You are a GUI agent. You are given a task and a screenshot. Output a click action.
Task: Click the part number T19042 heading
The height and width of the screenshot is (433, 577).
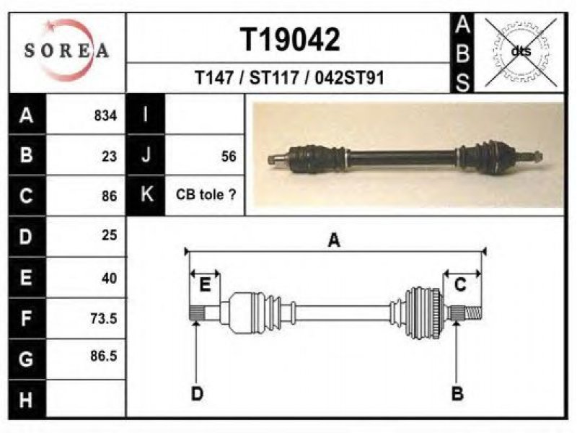pyautogui.click(x=290, y=40)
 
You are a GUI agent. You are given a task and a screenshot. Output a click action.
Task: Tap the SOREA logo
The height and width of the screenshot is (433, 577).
pyautogui.click(x=66, y=51)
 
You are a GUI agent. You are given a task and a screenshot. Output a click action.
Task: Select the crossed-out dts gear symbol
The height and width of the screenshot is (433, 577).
pyautogui.click(x=521, y=52)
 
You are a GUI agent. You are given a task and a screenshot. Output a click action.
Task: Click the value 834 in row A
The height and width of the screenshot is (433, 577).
pyautogui.click(x=105, y=115)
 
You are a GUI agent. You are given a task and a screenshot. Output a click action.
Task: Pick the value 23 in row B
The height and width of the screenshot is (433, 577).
pyautogui.click(x=110, y=157)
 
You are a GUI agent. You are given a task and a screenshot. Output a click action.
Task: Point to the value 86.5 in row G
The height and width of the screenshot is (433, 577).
pyautogui.click(x=104, y=356)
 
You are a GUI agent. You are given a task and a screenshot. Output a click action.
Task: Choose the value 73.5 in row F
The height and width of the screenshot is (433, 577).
pyautogui.click(x=104, y=318)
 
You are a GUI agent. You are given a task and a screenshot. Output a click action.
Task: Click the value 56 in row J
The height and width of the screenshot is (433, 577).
pyautogui.click(x=229, y=157)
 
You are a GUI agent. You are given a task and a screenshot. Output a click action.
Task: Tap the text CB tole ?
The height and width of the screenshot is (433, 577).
pyautogui.click(x=206, y=194)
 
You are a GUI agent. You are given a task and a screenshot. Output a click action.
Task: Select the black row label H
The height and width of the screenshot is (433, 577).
pyautogui.click(x=27, y=400)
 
